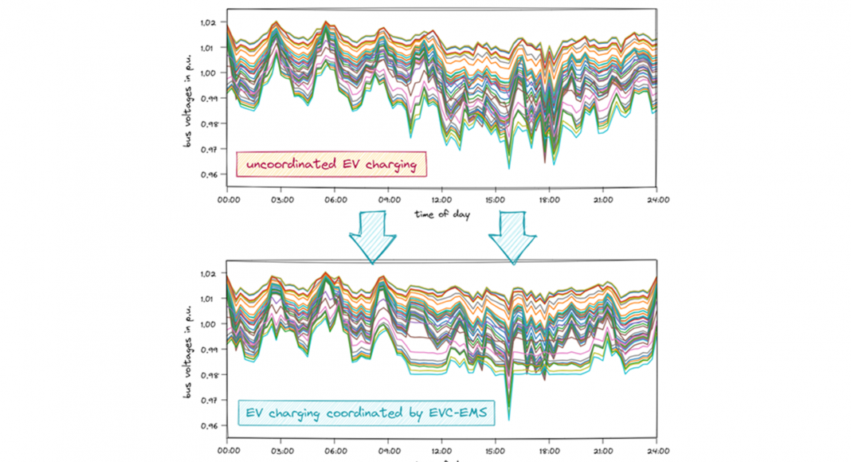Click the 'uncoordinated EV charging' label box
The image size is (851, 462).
[331, 165]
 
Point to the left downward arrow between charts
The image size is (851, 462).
[371, 236]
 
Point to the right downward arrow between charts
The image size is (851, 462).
[512, 236]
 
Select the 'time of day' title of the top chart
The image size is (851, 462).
[442, 213]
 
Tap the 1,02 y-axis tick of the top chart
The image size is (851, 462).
[206, 22]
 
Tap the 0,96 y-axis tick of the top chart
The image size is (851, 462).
[206, 174]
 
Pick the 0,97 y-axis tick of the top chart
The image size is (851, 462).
[206, 149]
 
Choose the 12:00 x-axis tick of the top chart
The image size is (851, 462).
[441, 200]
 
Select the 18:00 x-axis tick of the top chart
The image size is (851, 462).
[549, 200]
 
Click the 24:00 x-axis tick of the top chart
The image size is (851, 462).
[656, 200]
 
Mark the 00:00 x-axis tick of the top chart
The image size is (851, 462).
[228, 200]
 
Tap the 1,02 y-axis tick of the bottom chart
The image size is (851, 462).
[206, 273]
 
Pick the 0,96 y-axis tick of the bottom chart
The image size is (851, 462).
[206, 426]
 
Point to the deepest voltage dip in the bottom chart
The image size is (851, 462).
[508, 417]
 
